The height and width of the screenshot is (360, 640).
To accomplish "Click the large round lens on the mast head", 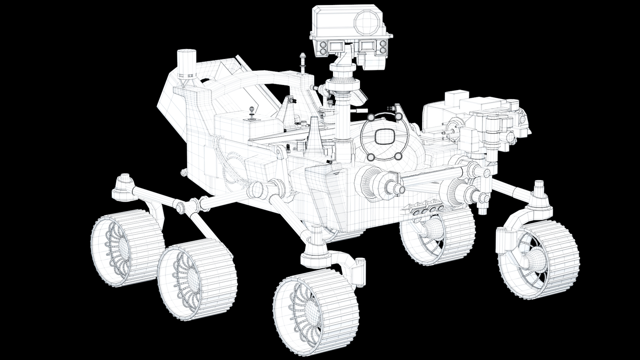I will tap(367, 22).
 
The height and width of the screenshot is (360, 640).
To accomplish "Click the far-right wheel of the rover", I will tap(538, 259).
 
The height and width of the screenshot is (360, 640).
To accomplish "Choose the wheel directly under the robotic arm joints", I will tap(437, 236).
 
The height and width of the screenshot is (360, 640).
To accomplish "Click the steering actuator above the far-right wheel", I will tap(539, 196).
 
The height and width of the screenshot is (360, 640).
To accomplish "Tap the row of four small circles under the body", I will tap(426, 209).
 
